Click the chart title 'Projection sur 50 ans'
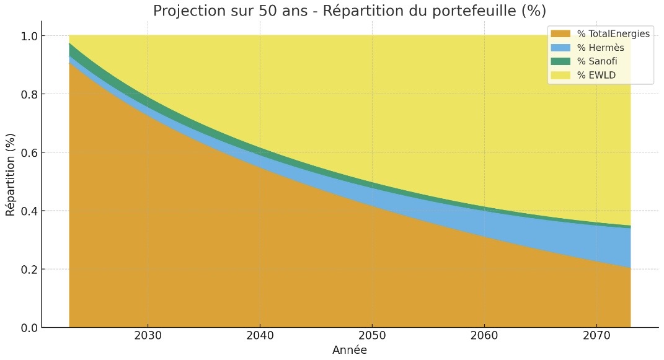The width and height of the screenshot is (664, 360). tap(350, 11)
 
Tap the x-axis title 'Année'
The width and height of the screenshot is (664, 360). tap(350, 350)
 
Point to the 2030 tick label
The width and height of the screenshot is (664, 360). tap(148, 336)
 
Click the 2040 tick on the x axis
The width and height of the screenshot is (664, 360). tap(260, 336)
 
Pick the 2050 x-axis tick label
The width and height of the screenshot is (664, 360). tap(372, 336)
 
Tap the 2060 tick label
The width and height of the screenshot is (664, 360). tap(484, 336)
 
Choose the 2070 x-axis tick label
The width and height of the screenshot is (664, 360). tap(596, 336)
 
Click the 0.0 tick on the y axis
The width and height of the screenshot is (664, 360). tap(29, 327)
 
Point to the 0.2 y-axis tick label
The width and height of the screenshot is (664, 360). tap(29, 270)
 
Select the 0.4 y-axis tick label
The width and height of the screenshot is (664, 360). tap(29, 211)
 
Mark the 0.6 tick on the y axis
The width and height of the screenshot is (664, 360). tap(29, 153)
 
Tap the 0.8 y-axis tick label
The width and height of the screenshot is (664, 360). tap(29, 95)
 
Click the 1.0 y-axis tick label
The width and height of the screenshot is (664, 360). tap(29, 37)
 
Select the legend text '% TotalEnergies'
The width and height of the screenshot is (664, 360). tap(613, 33)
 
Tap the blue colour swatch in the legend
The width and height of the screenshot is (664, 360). tap(560, 48)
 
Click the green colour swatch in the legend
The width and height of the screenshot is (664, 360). tap(560, 61)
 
